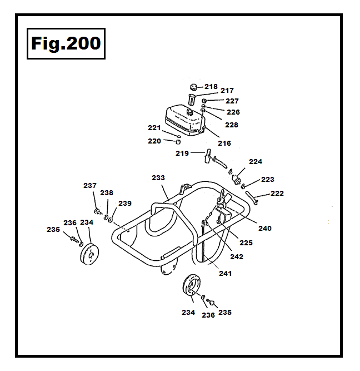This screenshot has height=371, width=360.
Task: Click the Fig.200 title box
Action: pos(66,43)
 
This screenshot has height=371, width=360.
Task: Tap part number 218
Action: pos(211,87)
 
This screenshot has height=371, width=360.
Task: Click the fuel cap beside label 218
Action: pos(194,86)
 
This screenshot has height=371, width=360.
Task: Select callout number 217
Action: pos(227,91)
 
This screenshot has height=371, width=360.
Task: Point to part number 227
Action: pos(232,101)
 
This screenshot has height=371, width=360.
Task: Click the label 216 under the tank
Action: pos(224,144)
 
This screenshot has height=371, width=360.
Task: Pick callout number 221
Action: pos(154,128)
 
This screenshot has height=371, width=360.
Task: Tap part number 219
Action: pos(182,153)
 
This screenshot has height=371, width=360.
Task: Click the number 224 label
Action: pos(255,162)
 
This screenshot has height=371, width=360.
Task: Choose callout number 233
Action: pos(158,178)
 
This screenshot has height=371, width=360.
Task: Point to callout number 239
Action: pos(125,204)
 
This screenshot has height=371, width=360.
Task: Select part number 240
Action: pos(264,228)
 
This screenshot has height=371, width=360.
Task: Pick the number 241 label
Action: pos(225,274)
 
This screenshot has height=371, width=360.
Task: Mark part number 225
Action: pos(246,243)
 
